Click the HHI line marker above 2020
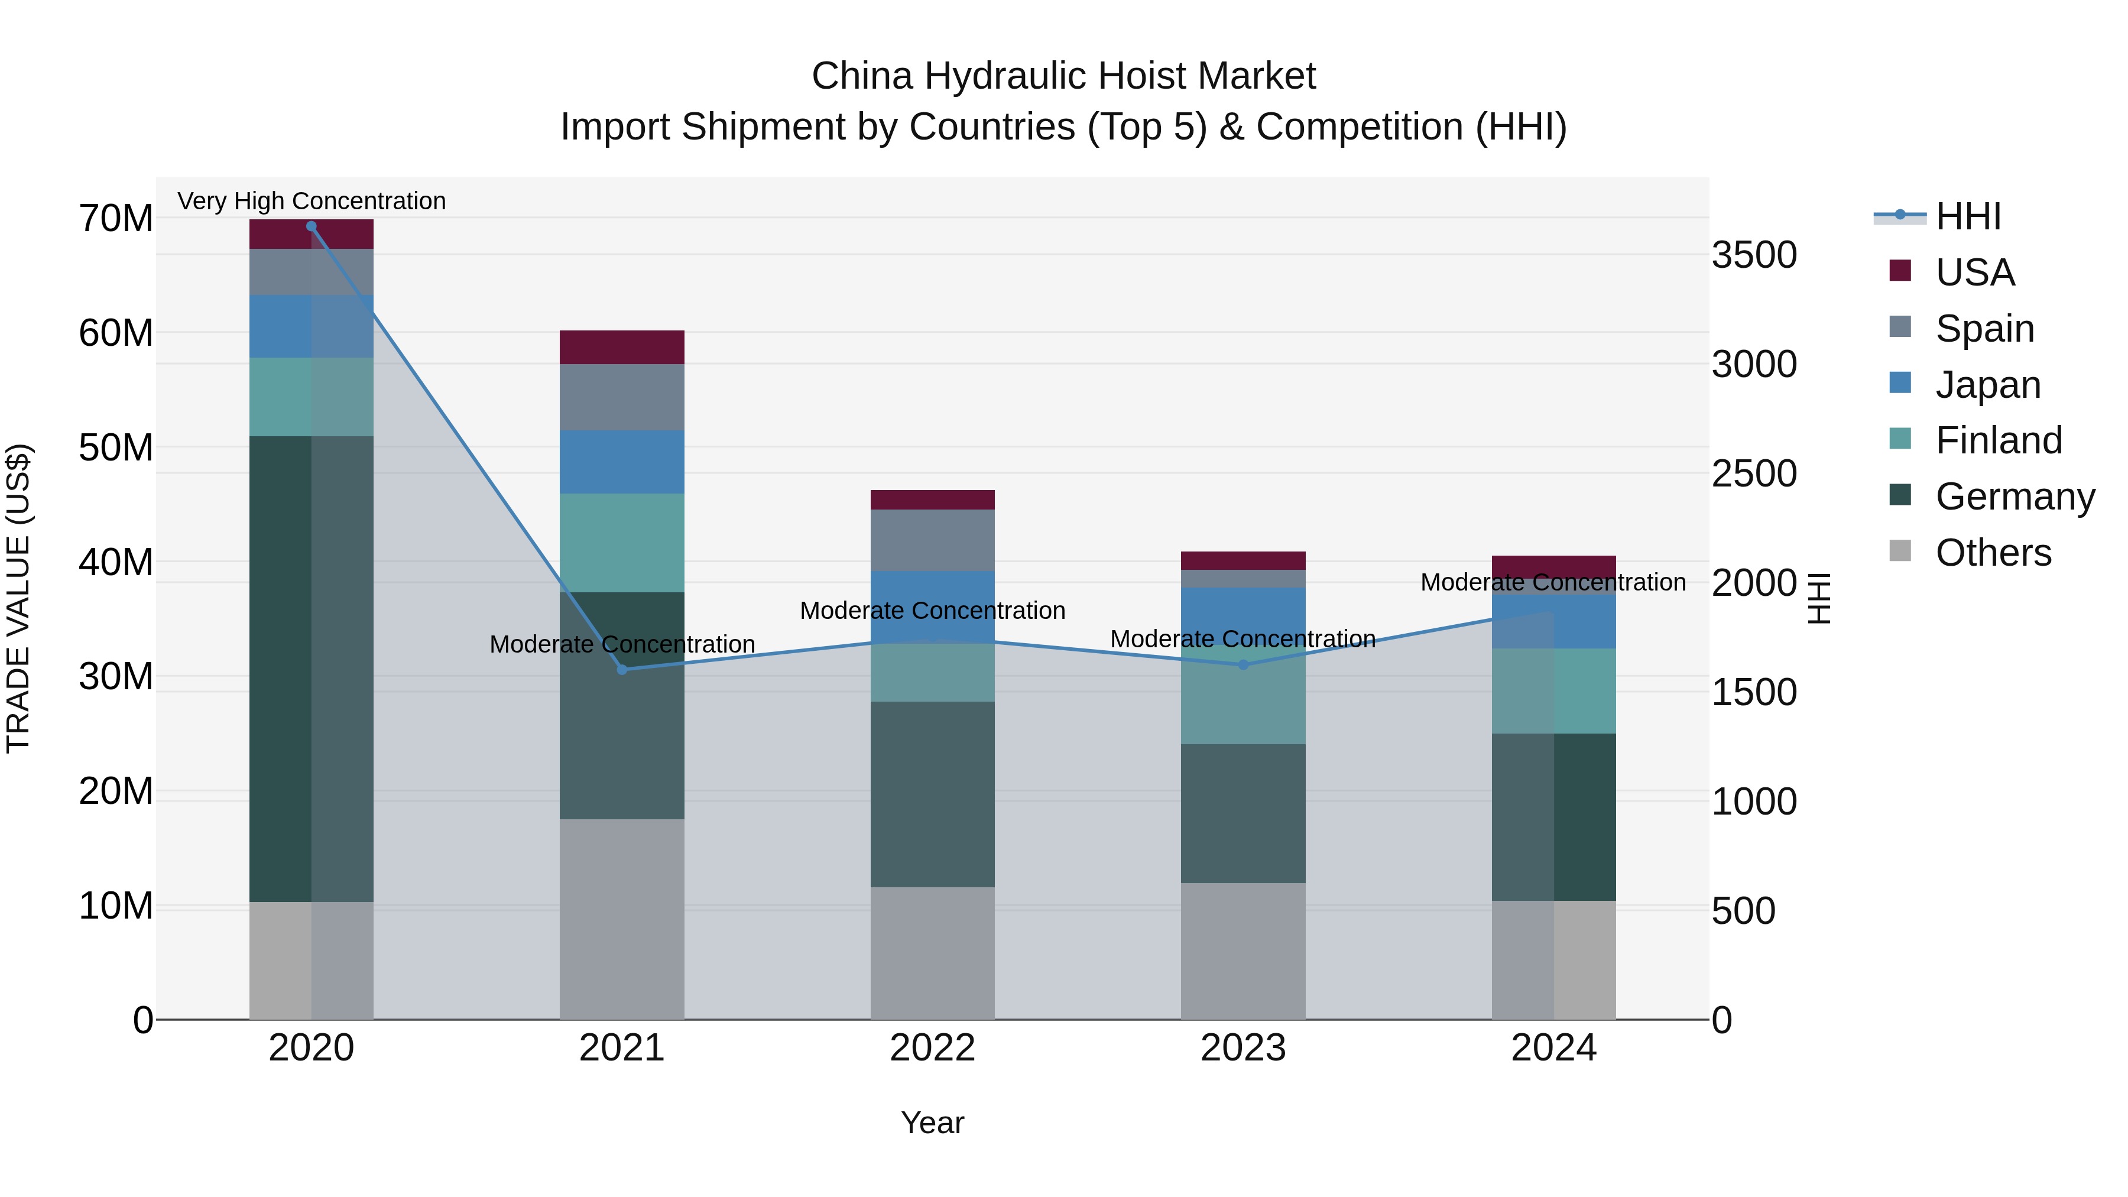click(312, 226)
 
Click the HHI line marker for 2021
click(622, 669)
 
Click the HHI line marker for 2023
click(1243, 664)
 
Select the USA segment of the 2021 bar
click(622, 347)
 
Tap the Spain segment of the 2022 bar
click(933, 540)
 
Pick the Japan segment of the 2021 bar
click(622, 461)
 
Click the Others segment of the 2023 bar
click(1243, 950)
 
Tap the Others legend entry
click(1993, 552)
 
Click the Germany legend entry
click(2014, 496)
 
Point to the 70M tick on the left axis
click(116, 219)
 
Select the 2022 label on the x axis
click(933, 1047)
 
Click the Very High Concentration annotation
click(312, 201)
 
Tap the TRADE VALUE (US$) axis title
click(18, 598)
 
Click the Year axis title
click(933, 1123)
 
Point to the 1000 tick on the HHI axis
click(1754, 802)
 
